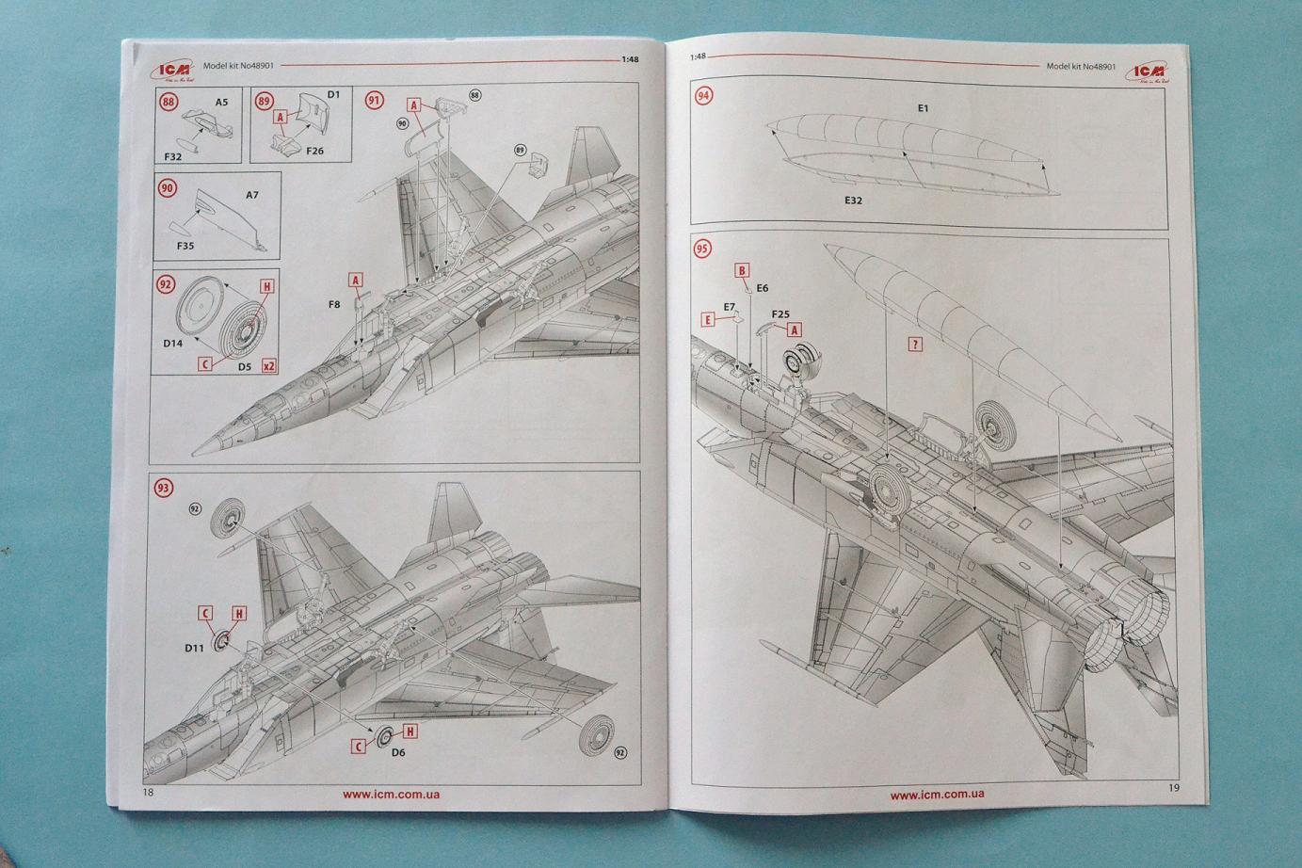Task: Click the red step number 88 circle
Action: pos(169,103)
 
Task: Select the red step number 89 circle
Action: pos(265,102)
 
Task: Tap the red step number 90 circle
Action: pos(168,188)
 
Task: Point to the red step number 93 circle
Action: pos(164,488)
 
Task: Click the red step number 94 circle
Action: pos(703,95)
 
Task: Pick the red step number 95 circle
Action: pos(702,249)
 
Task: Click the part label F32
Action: pos(172,156)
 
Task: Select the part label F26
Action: pos(314,151)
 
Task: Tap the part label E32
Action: pos(853,201)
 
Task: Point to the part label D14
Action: pos(172,344)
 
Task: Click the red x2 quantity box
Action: pos(269,366)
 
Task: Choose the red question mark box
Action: pos(914,345)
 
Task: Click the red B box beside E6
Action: pos(742,271)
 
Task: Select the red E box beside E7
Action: pos(707,320)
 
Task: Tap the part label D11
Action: pos(194,649)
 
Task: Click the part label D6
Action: pos(398,752)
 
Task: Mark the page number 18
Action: pos(148,793)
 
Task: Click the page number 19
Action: pos(1173,788)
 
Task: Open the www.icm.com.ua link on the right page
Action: pos(937,795)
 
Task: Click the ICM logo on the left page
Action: pos(175,69)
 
